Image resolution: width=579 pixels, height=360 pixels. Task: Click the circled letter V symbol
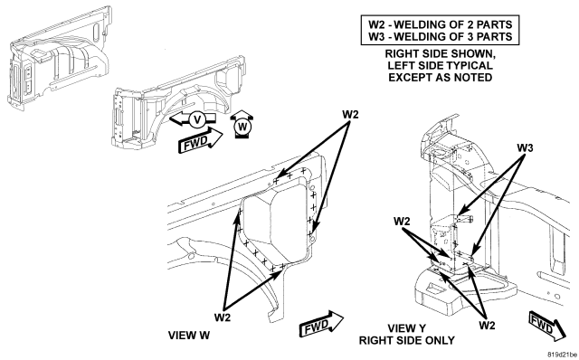point(197,119)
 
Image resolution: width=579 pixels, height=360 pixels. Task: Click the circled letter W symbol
point(242,127)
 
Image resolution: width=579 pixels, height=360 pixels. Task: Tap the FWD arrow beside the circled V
point(200,140)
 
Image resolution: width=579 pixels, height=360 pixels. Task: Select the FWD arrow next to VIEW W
point(321,324)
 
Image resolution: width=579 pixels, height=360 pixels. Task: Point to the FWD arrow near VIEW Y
point(547,326)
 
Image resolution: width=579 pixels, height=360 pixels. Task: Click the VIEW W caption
point(189,336)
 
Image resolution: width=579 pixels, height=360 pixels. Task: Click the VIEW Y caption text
point(406,328)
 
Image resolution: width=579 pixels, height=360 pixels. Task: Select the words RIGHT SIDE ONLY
point(407,340)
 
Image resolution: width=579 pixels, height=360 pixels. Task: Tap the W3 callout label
point(525,147)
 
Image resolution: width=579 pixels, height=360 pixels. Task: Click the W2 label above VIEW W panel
point(350,115)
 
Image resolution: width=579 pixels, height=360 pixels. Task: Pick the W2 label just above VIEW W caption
point(223,317)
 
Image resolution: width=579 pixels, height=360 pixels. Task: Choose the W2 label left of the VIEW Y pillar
point(402,222)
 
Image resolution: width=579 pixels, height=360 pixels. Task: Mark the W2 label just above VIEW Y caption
point(487,325)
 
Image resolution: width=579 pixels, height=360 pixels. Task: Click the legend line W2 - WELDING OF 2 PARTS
point(441,24)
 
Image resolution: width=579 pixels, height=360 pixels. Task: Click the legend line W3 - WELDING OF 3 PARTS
point(441,37)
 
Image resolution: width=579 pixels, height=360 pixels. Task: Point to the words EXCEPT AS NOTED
point(441,78)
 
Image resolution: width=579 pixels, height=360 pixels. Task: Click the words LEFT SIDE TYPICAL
point(441,66)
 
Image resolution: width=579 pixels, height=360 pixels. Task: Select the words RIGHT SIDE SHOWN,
point(441,54)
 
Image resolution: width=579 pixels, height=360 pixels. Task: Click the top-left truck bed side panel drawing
point(59,57)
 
